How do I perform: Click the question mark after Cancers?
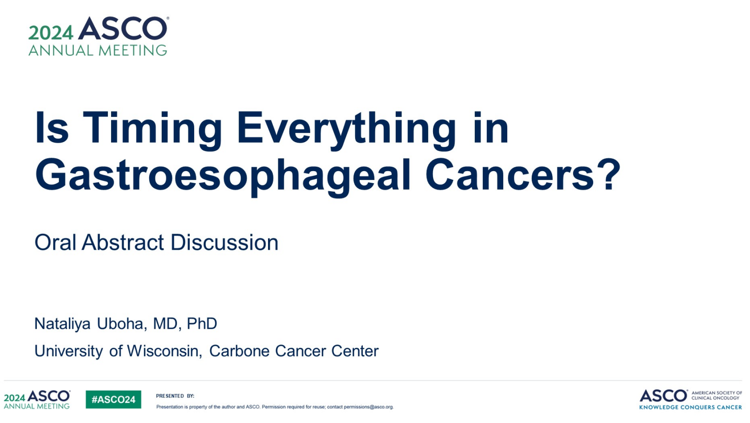(x=608, y=174)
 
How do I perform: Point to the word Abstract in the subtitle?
(x=123, y=243)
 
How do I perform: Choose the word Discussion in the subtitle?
(x=224, y=243)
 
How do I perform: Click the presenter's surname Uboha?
(x=122, y=324)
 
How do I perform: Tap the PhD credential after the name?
(x=201, y=324)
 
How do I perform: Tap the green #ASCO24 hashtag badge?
(x=113, y=400)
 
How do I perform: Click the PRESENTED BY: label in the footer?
(x=175, y=396)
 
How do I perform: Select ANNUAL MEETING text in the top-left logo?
(x=98, y=50)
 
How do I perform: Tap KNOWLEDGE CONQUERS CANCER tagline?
(x=690, y=407)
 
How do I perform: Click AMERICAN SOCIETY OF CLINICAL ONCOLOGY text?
(x=717, y=396)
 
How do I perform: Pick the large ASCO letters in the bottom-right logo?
(x=663, y=396)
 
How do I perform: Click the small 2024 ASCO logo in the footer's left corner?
(x=37, y=400)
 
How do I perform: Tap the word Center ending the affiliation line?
(x=355, y=351)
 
